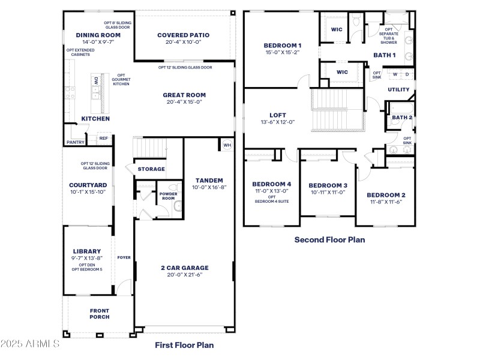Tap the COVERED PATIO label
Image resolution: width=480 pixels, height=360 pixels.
tap(182, 35)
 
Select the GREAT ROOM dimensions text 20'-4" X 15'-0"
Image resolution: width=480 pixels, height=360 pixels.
tap(184, 102)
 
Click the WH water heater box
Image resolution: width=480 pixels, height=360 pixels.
tap(227, 145)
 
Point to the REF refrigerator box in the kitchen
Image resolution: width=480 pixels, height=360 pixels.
tap(103, 139)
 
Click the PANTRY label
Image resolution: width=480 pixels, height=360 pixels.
tap(75, 142)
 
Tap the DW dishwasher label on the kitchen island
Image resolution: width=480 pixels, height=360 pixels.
tap(95, 80)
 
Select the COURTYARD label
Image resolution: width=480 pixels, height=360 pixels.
tap(88, 185)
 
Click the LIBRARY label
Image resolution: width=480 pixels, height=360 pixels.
tap(87, 251)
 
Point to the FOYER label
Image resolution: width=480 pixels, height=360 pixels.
tap(124, 257)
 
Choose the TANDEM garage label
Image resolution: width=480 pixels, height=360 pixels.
tap(209, 181)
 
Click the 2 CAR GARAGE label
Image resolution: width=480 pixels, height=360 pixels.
tap(184, 268)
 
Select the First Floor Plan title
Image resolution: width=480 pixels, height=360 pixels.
tap(184, 345)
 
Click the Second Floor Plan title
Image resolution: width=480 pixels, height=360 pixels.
tap(329, 239)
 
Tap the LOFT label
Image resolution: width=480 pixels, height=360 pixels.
tap(278, 115)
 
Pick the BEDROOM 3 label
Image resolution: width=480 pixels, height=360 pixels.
tap(327, 185)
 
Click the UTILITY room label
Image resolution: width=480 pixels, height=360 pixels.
tap(398, 90)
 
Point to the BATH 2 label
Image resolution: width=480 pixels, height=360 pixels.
tap(402, 118)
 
